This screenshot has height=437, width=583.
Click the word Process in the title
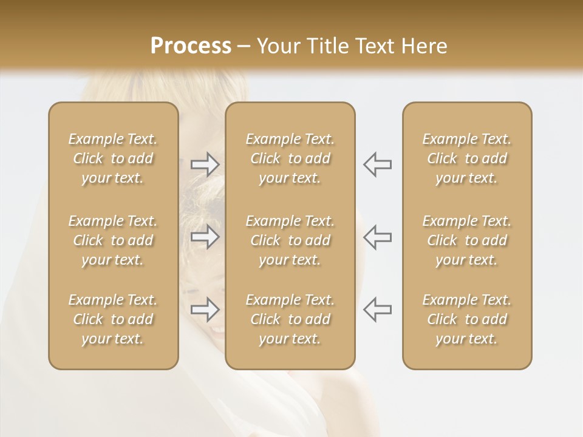coord(191,46)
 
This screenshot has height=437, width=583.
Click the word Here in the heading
coord(424,46)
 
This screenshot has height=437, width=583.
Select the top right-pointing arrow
coord(205,164)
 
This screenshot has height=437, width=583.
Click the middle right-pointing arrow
coord(205,237)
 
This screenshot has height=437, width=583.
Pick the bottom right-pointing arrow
coord(205,310)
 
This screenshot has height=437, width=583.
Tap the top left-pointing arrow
coord(377,164)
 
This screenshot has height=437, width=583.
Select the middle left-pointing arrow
coord(377,237)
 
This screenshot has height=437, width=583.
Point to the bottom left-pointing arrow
coord(377,310)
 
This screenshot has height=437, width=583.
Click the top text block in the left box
coord(113,158)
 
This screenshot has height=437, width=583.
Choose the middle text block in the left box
coord(113,240)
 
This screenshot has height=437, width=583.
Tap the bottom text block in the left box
coord(113,319)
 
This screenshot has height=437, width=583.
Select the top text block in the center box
coord(290,158)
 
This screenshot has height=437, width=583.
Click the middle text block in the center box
coord(290,240)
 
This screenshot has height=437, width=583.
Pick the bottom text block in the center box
coord(290,319)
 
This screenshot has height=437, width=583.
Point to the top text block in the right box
coord(467,158)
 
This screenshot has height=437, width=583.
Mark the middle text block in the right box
coord(467,240)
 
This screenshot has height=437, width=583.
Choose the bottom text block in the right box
coord(467,319)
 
